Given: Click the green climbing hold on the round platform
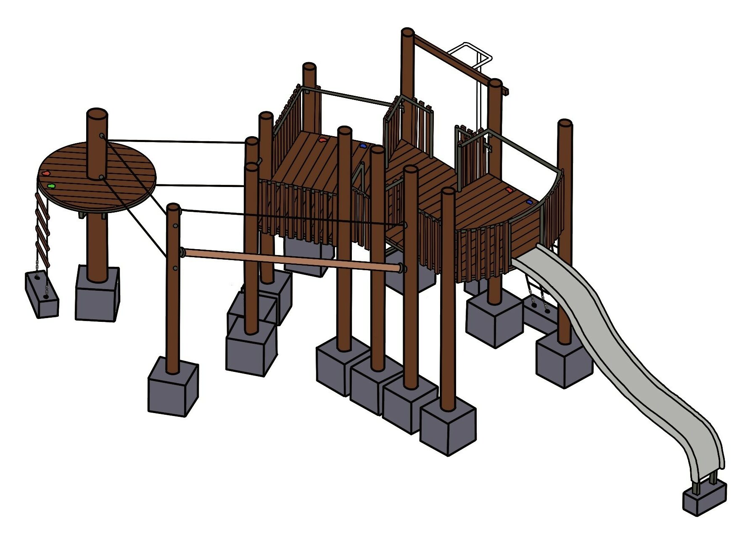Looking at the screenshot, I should [51, 185].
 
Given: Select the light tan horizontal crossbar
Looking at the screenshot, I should [290, 259].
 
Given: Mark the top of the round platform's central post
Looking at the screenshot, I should [97, 114].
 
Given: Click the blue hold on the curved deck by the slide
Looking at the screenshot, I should [529, 202].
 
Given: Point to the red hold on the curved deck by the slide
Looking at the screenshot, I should [510, 190].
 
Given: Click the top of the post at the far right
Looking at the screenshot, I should [565, 123].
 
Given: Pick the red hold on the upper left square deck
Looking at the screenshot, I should [322, 140].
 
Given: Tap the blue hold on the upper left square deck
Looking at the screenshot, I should [363, 146].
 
